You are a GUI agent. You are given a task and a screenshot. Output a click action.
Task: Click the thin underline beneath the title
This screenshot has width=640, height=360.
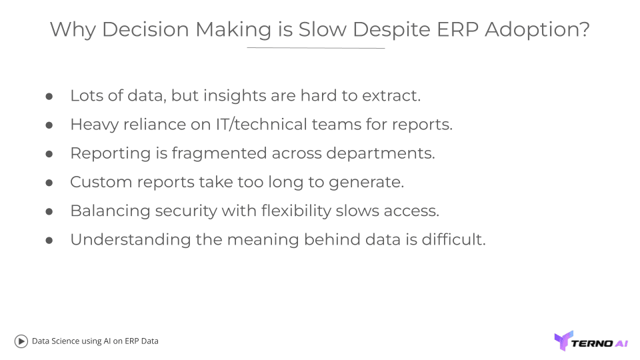(x=315, y=48)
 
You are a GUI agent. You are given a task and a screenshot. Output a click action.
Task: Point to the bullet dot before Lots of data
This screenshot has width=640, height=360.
(x=49, y=96)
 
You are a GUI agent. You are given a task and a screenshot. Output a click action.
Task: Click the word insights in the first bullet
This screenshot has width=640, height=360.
(x=234, y=96)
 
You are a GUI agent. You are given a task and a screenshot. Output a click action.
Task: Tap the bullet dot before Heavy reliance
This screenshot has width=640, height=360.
(x=49, y=125)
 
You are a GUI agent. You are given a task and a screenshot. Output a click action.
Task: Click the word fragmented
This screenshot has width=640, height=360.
(x=219, y=153)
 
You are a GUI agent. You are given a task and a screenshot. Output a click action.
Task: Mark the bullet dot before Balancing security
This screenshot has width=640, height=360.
(x=49, y=211)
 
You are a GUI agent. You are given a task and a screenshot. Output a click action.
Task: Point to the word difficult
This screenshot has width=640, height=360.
(x=453, y=239)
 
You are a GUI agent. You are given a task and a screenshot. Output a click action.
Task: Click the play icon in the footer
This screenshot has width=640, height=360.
(x=21, y=341)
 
